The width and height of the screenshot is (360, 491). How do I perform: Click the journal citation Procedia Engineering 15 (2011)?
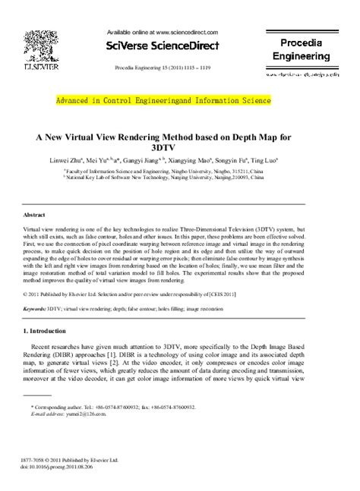pyautogui.click(x=163, y=67)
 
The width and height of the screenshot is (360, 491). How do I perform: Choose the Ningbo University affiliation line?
pyautogui.click(x=179, y=172)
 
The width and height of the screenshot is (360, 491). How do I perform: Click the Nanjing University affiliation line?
pyautogui.click(x=179, y=179)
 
